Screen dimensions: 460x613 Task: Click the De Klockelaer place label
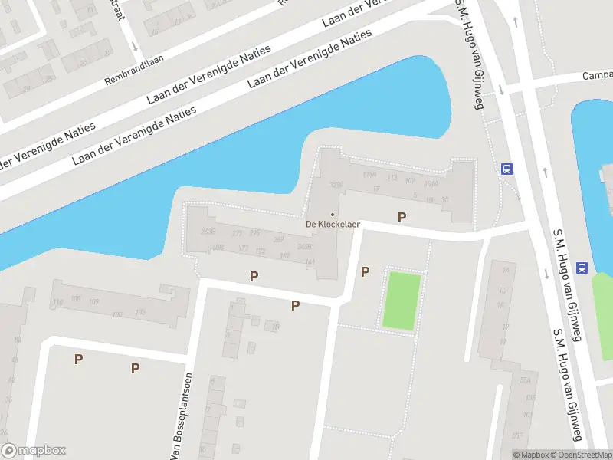click(333, 225)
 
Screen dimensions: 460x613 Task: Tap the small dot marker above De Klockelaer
click(332, 214)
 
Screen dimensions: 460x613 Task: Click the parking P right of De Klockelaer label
click(402, 218)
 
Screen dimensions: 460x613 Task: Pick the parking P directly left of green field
click(366, 271)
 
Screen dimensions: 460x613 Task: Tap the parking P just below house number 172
click(254, 276)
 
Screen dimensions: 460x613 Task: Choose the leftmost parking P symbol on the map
click(78, 359)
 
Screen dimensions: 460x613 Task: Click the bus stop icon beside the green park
click(582, 268)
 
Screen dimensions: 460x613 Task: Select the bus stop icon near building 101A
click(506, 169)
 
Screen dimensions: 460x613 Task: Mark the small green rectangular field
click(403, 301)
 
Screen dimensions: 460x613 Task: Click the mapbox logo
click(34, 451)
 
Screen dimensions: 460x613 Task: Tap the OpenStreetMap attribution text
click(579, 455)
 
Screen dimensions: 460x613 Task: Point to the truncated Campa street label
click(598, 76)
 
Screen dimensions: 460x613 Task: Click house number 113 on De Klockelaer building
click(393, 178)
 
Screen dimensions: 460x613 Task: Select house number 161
click(310, 262)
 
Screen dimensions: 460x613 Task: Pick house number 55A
click(526, 380)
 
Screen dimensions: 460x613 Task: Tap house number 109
click(94, 302)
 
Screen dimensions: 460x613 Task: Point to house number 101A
click(431, 184)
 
